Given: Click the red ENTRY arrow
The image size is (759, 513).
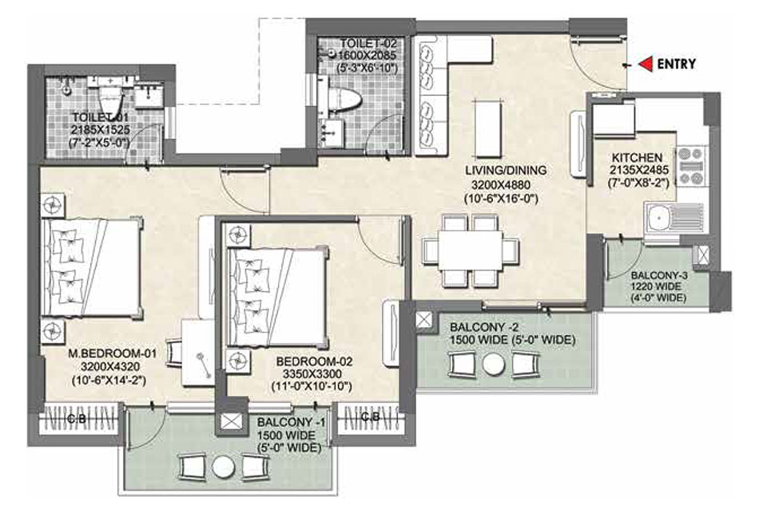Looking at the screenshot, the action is [646, 64].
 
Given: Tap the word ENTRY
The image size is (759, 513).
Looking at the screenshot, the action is [676, 64].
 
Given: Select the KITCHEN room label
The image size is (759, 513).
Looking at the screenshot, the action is [637, 158].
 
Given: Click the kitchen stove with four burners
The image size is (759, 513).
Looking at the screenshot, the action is [691, 166].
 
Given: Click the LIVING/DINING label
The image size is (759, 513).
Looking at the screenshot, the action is [506, 170].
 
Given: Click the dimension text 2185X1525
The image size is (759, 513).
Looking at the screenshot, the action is [101, 129].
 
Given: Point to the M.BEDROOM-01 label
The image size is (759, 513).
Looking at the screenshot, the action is [113, 353].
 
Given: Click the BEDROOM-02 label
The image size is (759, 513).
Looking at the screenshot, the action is [315, 361].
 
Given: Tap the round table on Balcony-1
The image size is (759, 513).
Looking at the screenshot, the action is [223, 466].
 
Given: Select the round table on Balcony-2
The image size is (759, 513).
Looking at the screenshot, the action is [494, 365].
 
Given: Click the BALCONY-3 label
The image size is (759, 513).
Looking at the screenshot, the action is [659, 275].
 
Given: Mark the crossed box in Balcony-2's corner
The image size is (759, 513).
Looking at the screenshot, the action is [424, 321].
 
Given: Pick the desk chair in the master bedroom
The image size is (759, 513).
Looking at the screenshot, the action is [174, 353].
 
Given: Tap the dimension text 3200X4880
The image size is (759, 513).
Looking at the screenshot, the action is [501, 185].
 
